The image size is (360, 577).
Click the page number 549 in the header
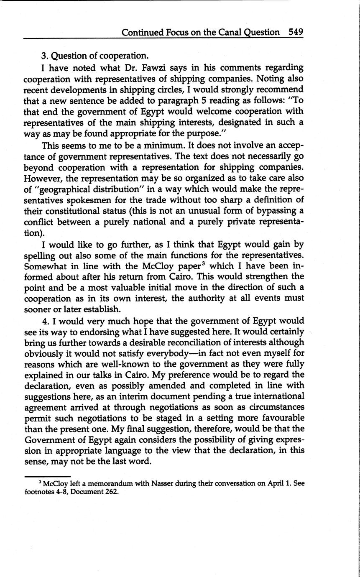[295, 32]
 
